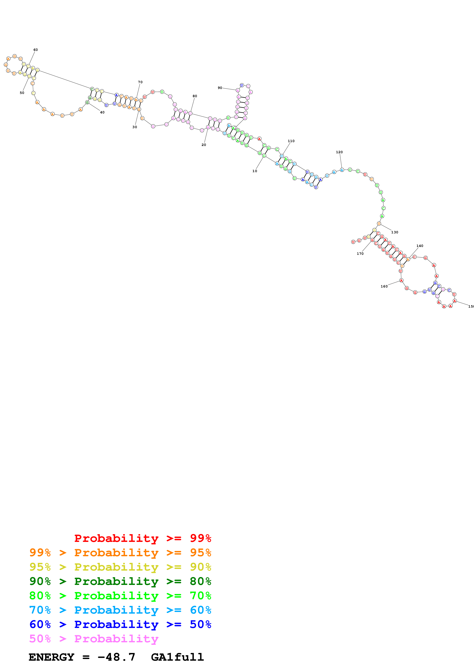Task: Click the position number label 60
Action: (x=35, y=50)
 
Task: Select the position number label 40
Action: (x=102, y=112)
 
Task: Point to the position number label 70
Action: (x=140, y=82)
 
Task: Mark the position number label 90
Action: (x=220, y=88)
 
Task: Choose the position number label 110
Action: (x=291, y=141)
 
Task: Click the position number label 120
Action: (x=339, y=152)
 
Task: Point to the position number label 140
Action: (x=420, y=246)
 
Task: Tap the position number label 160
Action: (x=384, y=286)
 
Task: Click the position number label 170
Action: (x=360, y=254)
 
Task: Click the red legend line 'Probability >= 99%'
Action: (x=142, y=538)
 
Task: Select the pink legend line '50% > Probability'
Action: (x=93, y=639)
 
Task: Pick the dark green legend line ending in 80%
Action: (x=120, y=581)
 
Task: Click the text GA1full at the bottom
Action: (x=177, y=657)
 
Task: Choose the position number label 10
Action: (x=255, y=171)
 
